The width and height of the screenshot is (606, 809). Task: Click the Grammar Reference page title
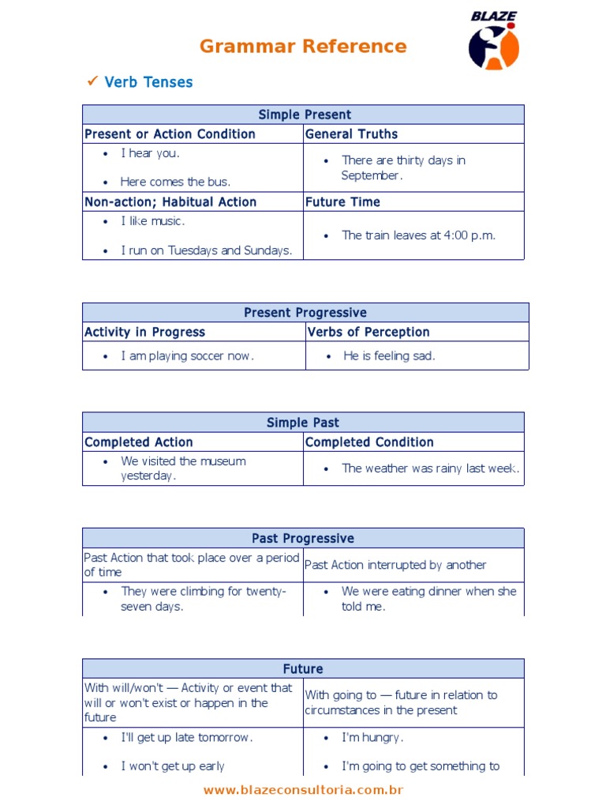coord(303,46)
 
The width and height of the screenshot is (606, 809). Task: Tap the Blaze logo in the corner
coord(494,41)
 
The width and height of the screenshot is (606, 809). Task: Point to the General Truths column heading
coord(351,134)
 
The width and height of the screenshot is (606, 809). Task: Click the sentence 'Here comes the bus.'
coord(175,182)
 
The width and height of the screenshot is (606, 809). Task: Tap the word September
coord(372,175)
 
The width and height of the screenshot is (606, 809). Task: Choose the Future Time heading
coord(342,202)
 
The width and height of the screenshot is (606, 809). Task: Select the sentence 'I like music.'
coord(152,221)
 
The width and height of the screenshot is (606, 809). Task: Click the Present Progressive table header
coord(305,313)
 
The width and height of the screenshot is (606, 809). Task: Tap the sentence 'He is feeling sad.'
coord(389,356)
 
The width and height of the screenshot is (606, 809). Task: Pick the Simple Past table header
coord(303,423)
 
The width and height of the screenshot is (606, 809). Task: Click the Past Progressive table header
coord(303,539)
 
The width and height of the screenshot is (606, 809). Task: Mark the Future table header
coord(303,669)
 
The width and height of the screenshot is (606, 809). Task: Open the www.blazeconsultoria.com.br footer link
coord(303,790)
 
